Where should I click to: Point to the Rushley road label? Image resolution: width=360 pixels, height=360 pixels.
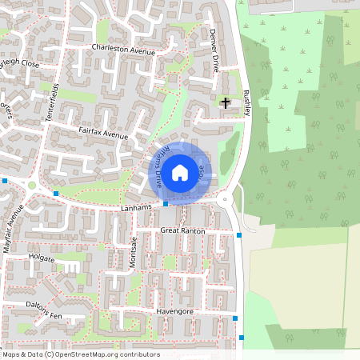point(247,102)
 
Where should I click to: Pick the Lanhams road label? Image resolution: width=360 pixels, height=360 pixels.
point(114,208)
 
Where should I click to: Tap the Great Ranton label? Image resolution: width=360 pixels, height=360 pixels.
point(182,230)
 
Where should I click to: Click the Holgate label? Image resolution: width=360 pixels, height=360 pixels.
point(42,258)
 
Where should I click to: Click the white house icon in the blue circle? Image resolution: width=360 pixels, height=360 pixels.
point(180,172)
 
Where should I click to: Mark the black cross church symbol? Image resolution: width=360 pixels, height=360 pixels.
point(226,102)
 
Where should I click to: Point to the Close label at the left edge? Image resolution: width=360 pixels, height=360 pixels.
point(26,62)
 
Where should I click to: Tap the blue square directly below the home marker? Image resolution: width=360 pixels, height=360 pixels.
point(166,204)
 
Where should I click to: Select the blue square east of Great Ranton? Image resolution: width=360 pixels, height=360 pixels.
point(239,234)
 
